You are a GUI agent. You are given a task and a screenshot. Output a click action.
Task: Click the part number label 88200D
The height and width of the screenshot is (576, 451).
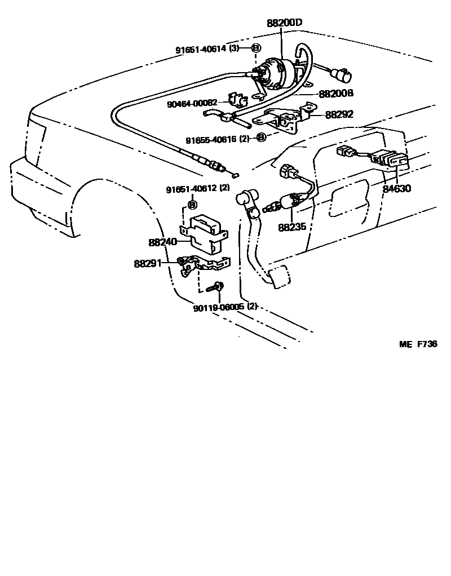(285, 23)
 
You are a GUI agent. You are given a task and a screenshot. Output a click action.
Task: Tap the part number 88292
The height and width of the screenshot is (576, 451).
(339, 114)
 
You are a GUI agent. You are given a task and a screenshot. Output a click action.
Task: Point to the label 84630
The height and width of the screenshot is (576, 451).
(397, 188)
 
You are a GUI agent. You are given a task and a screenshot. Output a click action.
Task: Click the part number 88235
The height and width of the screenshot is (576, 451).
(292, 228)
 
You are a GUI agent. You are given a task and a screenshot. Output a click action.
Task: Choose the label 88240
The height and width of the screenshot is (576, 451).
(163, 242)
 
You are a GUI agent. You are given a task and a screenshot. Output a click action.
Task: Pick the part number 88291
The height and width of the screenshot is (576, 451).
(148, 263)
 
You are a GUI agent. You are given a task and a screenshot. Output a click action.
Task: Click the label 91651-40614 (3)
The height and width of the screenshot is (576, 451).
(207, 48)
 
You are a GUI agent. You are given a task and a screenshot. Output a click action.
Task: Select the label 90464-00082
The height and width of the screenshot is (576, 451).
(192, 103)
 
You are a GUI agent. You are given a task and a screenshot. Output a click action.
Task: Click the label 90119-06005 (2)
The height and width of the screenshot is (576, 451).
(225, 307)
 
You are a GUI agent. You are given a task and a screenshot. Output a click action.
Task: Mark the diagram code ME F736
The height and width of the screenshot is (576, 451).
(418, 344)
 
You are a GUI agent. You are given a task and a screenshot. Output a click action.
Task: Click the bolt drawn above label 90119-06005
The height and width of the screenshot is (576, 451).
(215, 288)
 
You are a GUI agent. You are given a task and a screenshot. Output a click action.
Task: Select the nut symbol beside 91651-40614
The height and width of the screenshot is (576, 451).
(255, 48)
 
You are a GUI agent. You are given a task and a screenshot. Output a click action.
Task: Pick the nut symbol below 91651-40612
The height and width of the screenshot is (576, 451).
(191, 204)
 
